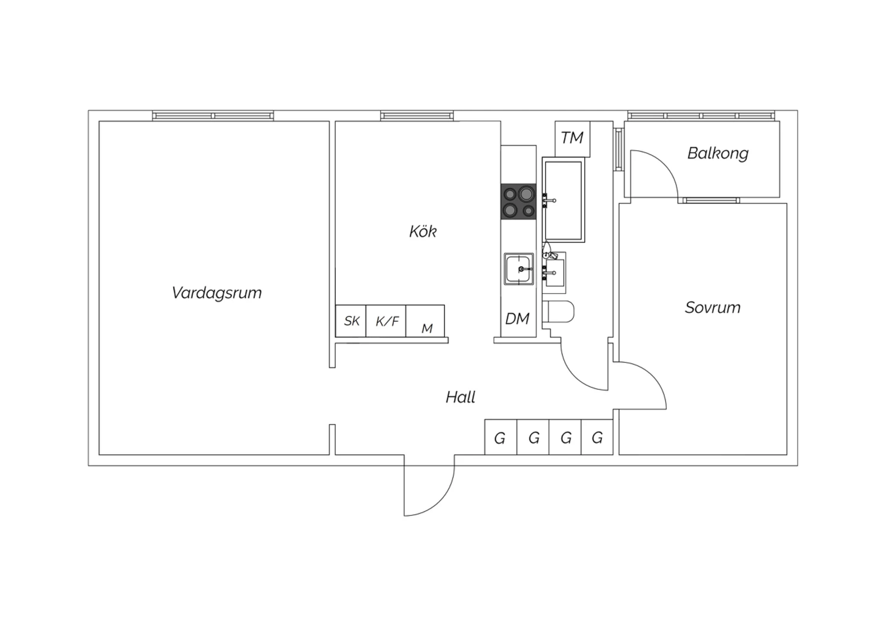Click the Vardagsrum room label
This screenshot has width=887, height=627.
click(x=216, y=293)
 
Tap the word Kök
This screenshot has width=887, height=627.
click(x=423, y=231)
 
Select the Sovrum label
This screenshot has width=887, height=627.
click(x=713, y=308)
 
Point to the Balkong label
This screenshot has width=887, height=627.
click(x=718, y=154)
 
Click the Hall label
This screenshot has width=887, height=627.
click(x=461, y=397)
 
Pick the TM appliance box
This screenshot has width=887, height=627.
click(x=572, y=138)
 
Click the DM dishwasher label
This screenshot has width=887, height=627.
click(x=517, y=318)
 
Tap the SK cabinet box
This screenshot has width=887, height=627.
click(x=351, y=321)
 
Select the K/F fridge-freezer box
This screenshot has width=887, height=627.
click(x=386, y=321)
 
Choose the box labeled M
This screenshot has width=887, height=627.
click(x=425, y=321)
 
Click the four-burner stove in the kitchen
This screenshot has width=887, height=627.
click(x=519, y=201)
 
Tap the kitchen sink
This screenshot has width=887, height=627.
click(x=519, y=269)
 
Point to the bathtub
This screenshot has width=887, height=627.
click(x=564, y=199)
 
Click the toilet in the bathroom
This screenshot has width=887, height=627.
click(x=558, y=312)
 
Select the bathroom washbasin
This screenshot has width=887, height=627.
click(x=554, y=273)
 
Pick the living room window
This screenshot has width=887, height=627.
click(x=213, y=116)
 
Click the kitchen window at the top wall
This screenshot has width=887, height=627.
click(x=417, y=116)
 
